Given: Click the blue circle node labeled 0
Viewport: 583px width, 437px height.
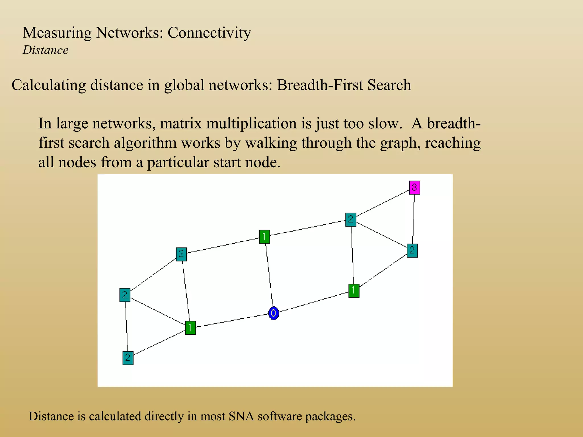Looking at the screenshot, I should coord(274,313).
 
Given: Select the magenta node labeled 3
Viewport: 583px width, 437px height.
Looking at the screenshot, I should coord(414,187).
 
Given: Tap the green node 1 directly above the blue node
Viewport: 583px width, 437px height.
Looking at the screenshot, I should coord(264,237).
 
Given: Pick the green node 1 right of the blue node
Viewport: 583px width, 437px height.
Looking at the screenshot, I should coord(354,290).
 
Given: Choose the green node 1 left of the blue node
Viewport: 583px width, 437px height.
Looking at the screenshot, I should coord(190,328).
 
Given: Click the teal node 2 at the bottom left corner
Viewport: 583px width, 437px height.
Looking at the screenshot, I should coord(128,358).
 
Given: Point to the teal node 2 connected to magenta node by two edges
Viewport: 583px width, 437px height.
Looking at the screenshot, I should coord(351,220).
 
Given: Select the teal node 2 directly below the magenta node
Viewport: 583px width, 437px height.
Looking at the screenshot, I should coord(412,251).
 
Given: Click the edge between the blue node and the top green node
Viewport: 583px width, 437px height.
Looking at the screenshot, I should coord(269,275).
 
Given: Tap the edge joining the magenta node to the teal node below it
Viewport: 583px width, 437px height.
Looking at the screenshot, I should coord(413,219).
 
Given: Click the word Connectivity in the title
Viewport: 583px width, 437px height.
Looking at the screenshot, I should coord(209,33).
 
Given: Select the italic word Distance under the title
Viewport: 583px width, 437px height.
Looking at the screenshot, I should coord(46,50).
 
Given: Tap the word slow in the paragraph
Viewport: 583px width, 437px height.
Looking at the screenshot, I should coord(383,123).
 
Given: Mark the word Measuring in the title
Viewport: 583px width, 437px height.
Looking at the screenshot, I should coord(57,33).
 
